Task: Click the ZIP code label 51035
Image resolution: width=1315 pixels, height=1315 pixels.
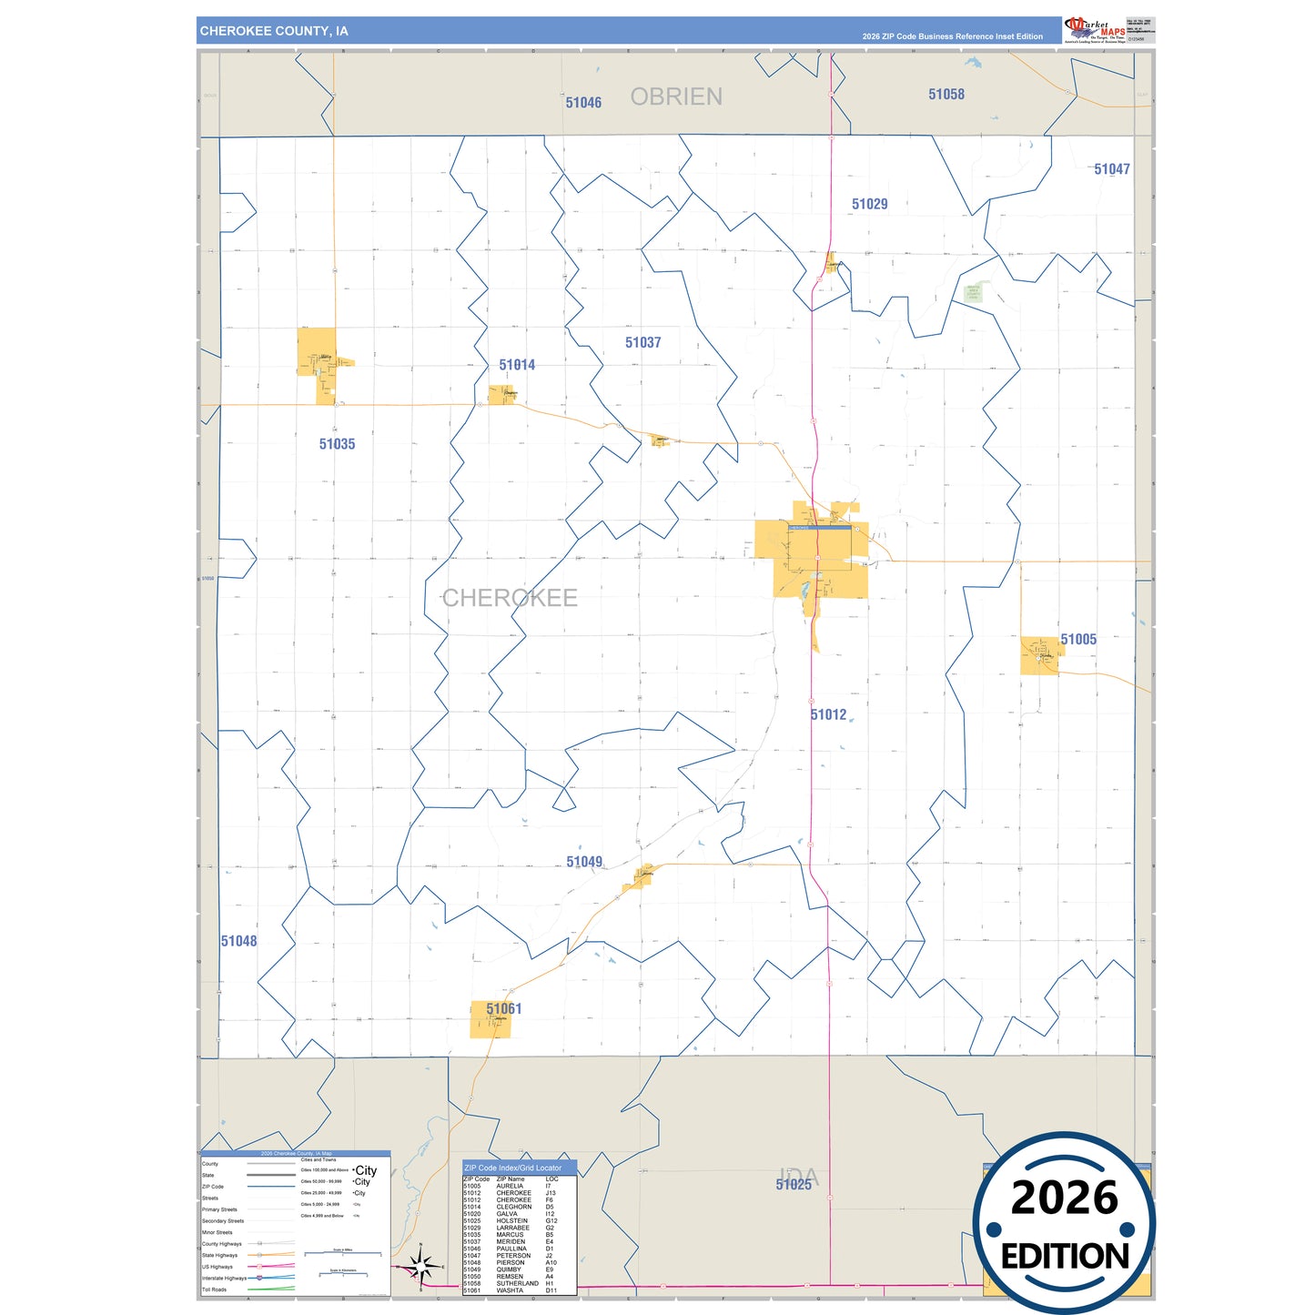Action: point(337,444)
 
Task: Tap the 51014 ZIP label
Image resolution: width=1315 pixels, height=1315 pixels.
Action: point(517,365)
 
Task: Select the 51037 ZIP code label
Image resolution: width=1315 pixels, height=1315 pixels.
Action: point(642,342)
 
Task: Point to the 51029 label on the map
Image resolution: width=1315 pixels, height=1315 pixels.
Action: point(869,204)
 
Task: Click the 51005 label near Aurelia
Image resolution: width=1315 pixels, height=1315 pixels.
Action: point(1078,639)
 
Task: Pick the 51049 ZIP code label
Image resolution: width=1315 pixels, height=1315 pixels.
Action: point(584,862)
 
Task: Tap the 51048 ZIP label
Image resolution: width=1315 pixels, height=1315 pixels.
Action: point(238,941)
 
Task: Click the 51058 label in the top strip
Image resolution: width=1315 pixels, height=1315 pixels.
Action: point(946,94)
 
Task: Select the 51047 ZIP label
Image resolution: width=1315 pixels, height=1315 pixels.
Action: point(1112,169)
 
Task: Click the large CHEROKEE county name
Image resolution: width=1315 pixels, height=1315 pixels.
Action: point(510,598)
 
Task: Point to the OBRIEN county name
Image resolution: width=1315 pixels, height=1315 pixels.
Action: point(676,96)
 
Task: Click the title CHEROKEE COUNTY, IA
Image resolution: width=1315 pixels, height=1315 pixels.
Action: point(274,31)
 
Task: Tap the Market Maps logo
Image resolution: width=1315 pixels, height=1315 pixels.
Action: point(1096,31)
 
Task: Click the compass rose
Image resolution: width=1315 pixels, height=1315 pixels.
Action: point(420,1266)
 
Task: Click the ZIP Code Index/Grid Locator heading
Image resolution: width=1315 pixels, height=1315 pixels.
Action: point(513,1168)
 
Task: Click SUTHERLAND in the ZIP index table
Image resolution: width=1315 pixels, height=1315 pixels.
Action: point(517,1283)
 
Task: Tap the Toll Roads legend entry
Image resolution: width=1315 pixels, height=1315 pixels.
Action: point(215,1290)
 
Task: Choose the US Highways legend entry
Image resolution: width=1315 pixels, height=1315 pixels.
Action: point(217,1267)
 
